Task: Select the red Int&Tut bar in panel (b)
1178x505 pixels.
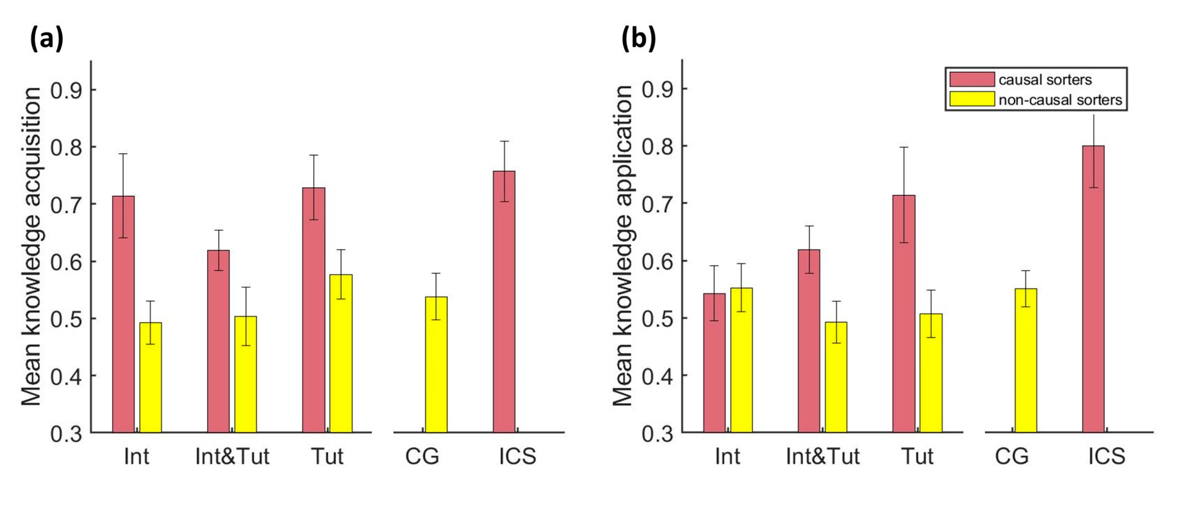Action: coord(809,341)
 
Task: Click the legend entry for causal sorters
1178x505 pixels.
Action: coord(1045,80)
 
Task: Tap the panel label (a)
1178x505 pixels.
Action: coord(46,39)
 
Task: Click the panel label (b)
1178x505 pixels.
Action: coord(638,39)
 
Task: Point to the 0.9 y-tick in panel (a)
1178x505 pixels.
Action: coord(66,90)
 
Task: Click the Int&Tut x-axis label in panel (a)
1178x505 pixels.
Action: coord(232,457)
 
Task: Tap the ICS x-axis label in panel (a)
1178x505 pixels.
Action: coord(517,457)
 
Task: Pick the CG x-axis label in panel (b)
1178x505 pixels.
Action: coord(1012,457)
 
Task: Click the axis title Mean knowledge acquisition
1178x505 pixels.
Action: coord(31,247)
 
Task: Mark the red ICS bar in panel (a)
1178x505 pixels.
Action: coord(504,302)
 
